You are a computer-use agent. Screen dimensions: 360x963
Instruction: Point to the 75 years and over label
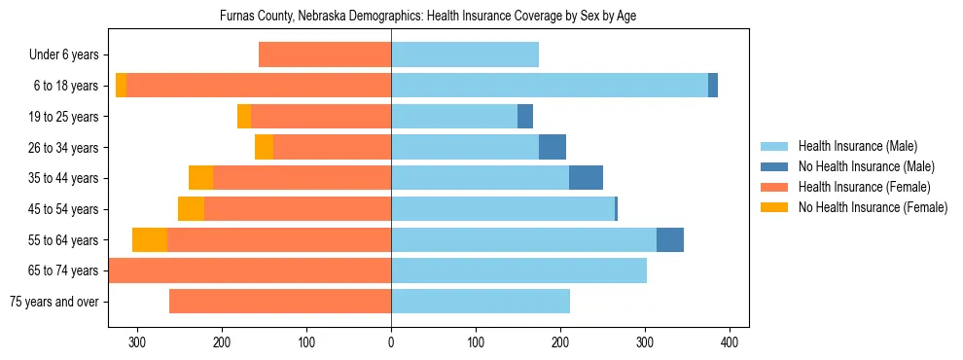pyautogui.click(x=54, y=302)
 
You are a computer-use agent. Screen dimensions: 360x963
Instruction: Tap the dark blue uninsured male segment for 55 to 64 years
pyautogui.click(x=670, y=239)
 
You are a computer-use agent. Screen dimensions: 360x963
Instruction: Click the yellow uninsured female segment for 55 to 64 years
pyautogui.click(x=150, y=239)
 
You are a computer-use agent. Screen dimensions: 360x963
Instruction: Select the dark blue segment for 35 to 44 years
pyautogui.click(x=586, y=178)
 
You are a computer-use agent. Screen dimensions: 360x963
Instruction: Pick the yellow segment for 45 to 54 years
pyautogui.click(x=191, y=209)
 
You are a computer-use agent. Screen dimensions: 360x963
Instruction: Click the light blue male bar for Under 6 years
pyautogui.click(x=465, y=55)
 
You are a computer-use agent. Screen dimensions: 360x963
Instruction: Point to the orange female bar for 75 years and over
pyautogui.click(x=280, y=302)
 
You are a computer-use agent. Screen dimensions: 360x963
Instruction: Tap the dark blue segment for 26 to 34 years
pyautogui.click(x=553, y=147)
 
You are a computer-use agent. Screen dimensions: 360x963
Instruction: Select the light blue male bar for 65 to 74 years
pyautogui.click(x=518, y=270)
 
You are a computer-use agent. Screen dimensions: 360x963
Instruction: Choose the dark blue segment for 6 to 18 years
pyautogui.click(x=713, y=86)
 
